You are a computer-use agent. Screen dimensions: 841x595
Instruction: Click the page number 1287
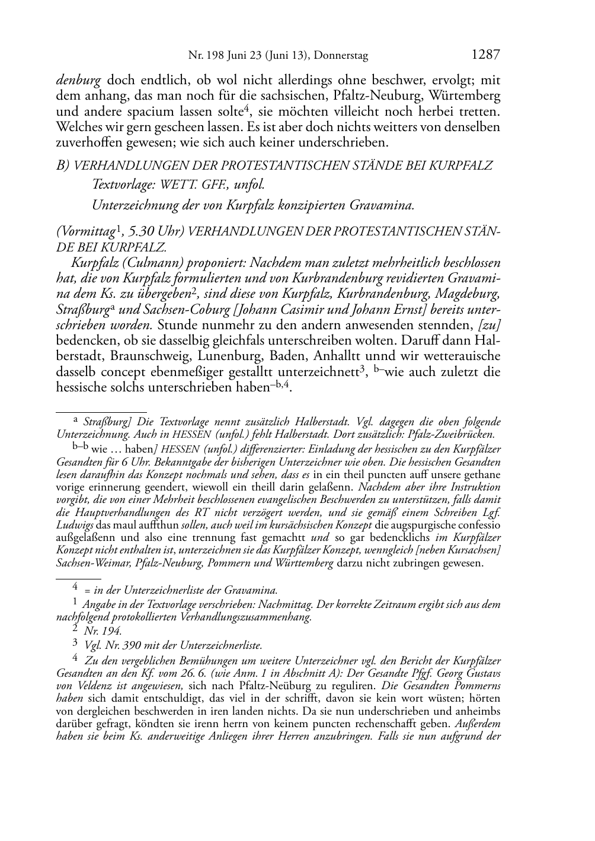[485, 55]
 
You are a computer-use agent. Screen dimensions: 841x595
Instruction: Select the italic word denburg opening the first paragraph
[78, 80]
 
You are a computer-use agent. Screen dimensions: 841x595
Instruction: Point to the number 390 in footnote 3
[123, 645]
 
